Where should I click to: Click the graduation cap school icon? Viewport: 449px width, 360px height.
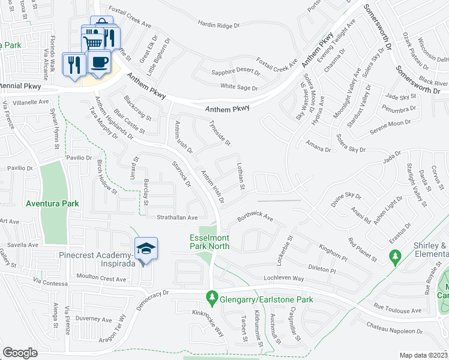click(x=145, y=248)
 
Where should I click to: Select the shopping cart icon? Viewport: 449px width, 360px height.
click(x=93, y=42)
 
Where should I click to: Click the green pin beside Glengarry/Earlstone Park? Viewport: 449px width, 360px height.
click(x=211, y=296)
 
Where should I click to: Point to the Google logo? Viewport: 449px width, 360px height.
click(x=20, y=353)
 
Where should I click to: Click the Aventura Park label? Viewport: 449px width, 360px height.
click(x=52, y=204)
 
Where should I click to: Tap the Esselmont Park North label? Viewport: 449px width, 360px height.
click(x=210, y=241)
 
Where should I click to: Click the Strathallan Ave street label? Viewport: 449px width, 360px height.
click(x=177, y=217)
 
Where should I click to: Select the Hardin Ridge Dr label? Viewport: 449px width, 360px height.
click(x=219, y=25)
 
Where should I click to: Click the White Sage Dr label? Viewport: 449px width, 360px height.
click(x=239, y=88)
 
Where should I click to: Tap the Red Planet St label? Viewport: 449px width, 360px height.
click(x=363, y=251)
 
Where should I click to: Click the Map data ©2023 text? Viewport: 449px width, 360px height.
click(x=423, y=355)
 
